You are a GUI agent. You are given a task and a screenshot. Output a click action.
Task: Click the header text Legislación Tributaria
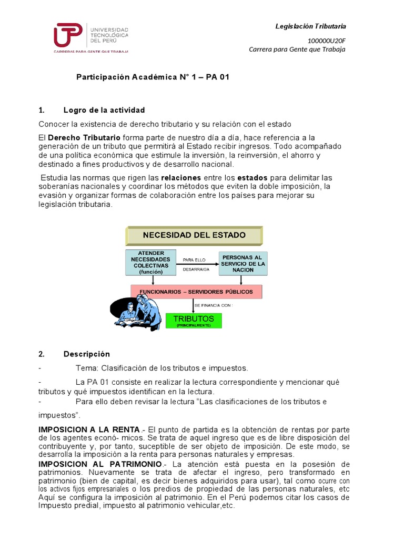click(311, 26)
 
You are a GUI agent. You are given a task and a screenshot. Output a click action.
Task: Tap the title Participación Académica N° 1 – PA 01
click(153, 77)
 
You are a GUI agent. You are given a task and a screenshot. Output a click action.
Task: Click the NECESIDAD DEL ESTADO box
click(194, 235)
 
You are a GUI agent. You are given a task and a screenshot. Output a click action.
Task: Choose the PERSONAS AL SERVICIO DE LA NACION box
click(243, 263)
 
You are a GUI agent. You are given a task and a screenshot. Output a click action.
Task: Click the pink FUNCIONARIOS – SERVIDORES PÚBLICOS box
click(196, 292)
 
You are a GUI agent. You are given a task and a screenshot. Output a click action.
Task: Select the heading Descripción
click(87, 354)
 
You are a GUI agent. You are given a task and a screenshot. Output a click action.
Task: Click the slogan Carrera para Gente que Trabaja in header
click(297, 49)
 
